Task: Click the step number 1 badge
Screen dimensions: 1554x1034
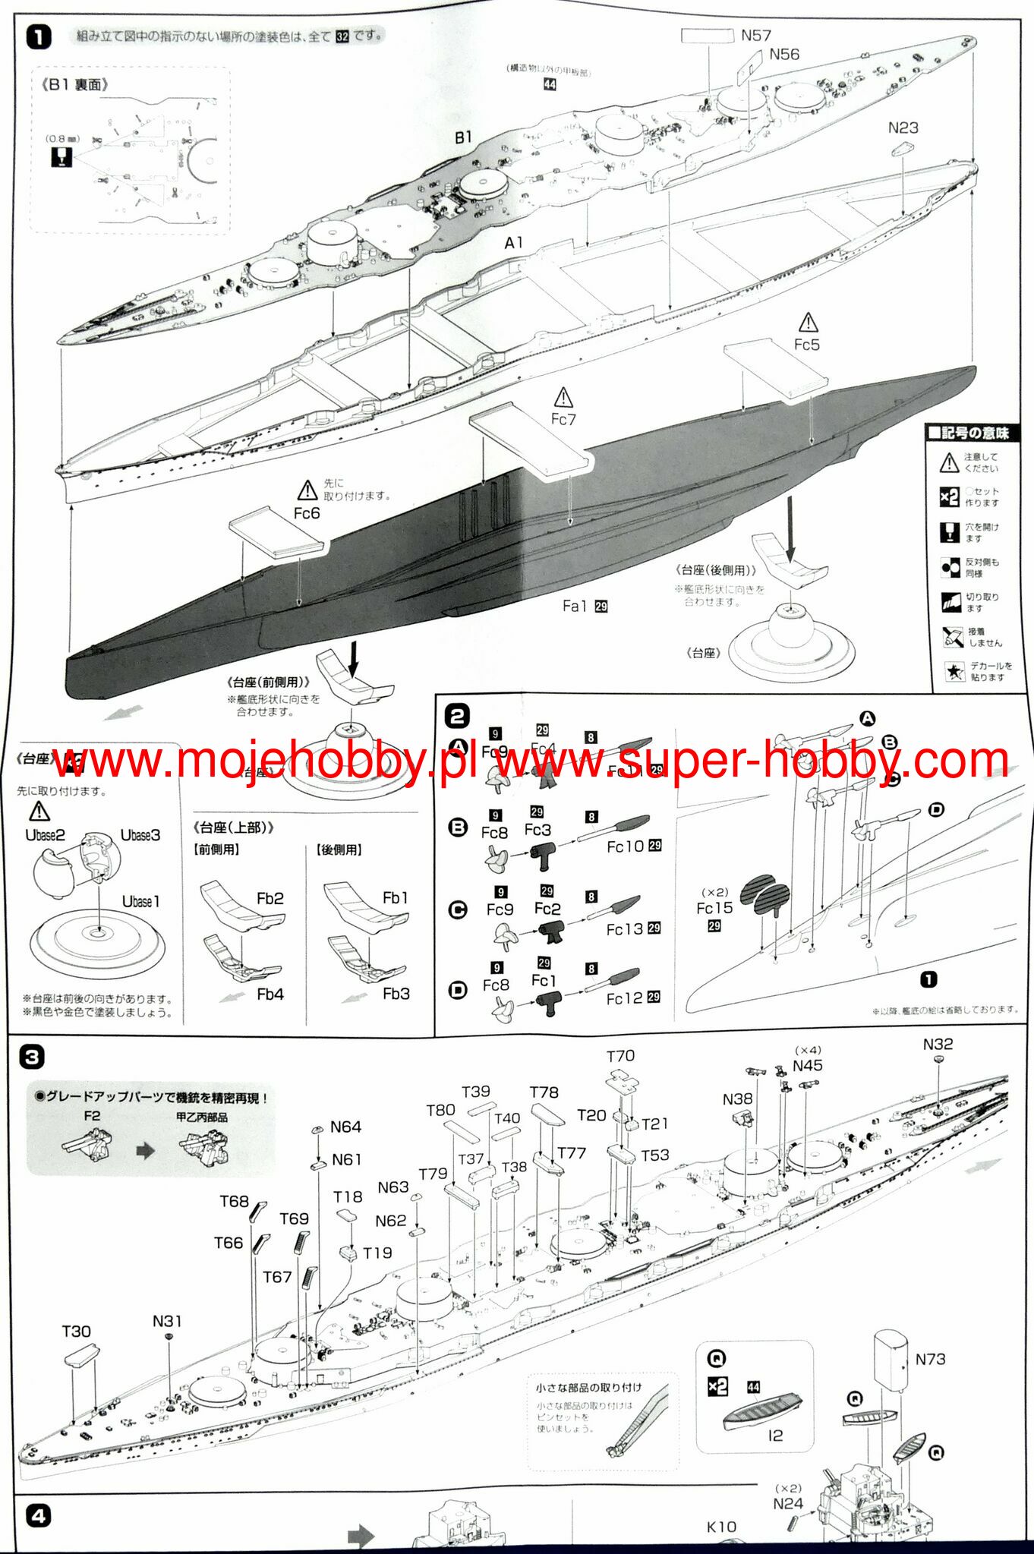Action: (39, 37)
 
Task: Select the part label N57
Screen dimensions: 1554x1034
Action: (755, 35)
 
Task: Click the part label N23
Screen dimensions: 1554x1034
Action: (903, 128)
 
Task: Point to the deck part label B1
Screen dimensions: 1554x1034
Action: (463, 137)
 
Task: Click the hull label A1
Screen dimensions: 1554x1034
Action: (514, 242)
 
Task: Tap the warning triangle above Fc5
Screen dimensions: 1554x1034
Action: (808, 323)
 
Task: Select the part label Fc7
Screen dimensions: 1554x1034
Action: (563, 419)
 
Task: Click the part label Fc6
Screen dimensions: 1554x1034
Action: (307, 513)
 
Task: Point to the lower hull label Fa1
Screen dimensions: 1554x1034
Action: (575, 606)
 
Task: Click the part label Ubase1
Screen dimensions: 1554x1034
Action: (140, 902)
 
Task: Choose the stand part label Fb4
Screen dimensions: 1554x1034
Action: (270, 994)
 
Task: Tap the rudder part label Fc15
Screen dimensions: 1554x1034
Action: (714, 908)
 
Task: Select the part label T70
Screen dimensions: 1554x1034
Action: (620, 1056)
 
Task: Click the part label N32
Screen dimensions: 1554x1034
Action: (938, 1045)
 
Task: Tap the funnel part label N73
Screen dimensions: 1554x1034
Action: (930, 1359)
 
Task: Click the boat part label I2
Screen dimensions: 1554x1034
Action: (775, 1435)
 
